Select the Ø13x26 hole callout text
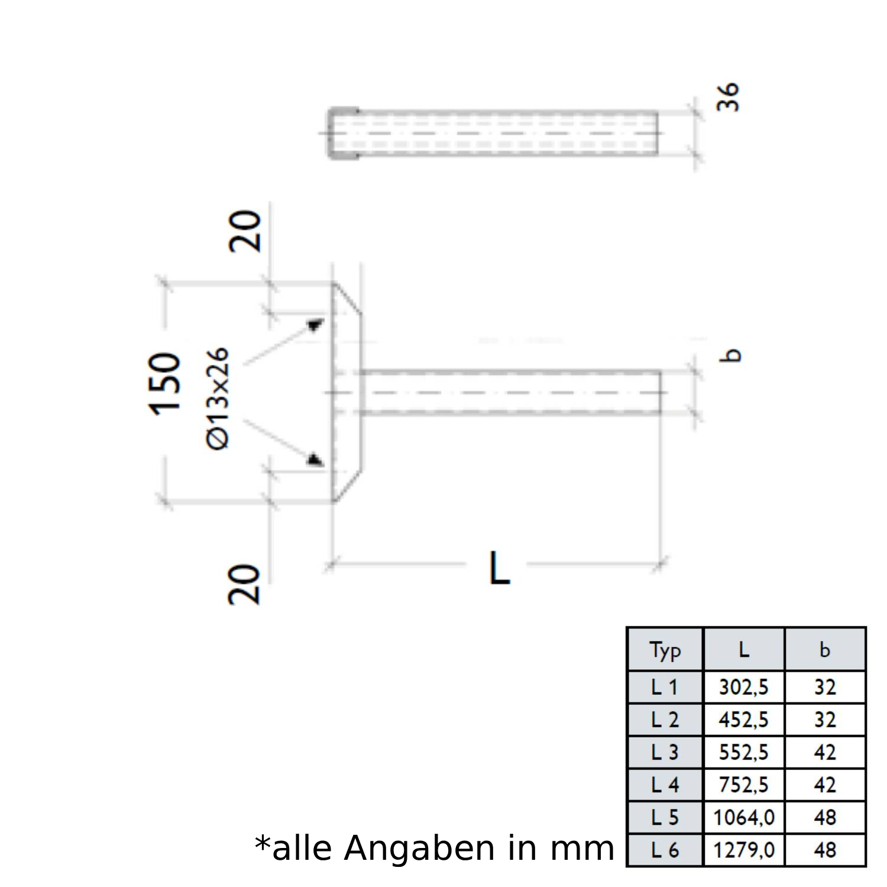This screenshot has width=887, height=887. click(218, 399)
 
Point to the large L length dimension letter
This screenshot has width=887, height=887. click(499, 568)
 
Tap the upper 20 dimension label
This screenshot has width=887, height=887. click(245, 231)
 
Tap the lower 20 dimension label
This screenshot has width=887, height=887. click(245, 584)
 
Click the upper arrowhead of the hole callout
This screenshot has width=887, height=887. click(315, 325)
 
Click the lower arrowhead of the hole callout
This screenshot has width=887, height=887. click(314, 459)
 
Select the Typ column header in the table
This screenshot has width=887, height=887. click(665, 650)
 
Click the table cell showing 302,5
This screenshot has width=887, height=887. click(743, 687)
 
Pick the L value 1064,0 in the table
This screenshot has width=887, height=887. click(743, 817)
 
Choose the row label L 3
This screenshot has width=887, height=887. click(665, 752)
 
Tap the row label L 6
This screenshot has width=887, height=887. click(665, 850)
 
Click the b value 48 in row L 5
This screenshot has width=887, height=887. click(825, 817)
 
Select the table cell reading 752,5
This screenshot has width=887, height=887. click(743, 785)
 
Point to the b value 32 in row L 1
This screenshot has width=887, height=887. click(825, 687)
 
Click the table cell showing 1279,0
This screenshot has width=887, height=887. click(743, 850)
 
